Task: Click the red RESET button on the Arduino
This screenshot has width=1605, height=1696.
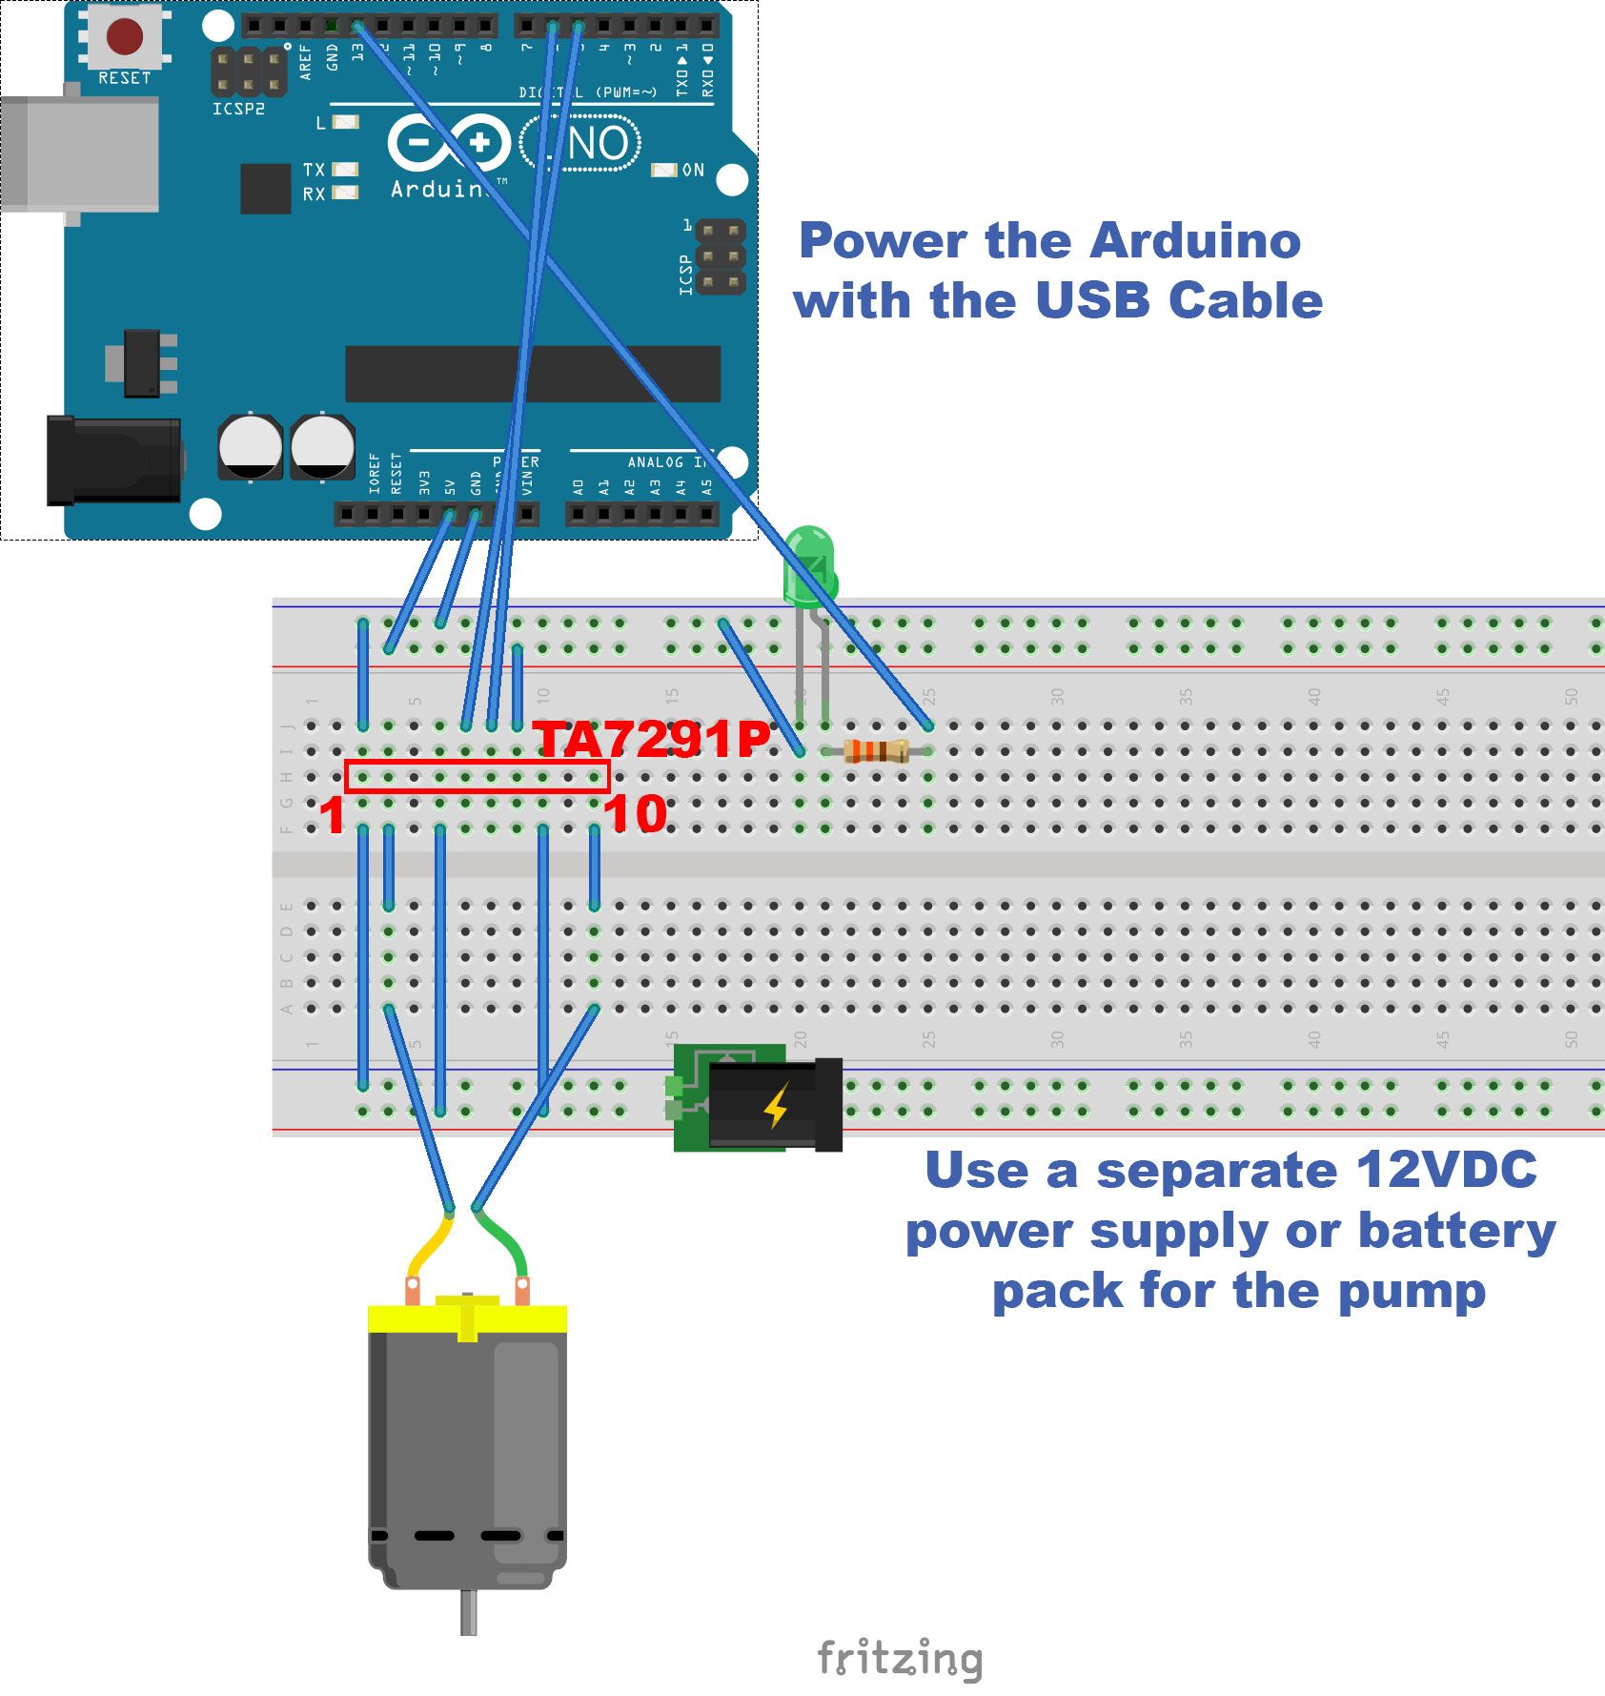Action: coord(125,36)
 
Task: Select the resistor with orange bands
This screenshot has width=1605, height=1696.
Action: coord(875,751)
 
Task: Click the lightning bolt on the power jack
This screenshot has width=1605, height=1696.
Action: coord(777,1106)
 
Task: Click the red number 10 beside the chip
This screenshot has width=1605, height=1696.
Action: coord(635,814)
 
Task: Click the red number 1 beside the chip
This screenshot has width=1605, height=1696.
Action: coord(331,816)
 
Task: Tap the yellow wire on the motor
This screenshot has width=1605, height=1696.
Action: coord(427,1245)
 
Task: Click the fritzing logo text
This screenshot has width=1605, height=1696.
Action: coord(899,1659)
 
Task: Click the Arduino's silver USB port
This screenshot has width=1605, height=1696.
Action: coord(81,153)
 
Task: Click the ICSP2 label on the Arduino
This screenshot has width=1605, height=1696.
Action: coord(238,109)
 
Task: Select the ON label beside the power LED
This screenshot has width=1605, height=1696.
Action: coord(693,170)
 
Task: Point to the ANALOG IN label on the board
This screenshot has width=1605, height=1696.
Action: coord(667,461)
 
